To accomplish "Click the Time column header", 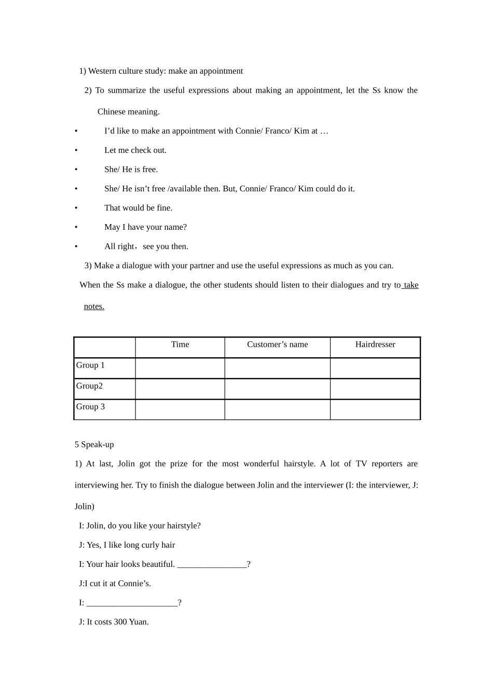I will click(x=180, y=344).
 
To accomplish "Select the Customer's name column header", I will click(x=277, y=344).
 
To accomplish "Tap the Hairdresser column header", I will click(x=375, y=344).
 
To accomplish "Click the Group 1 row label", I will click(x=91, y=365).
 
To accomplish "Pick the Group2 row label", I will click(x=90, y=386).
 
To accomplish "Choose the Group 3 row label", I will click(x=91, y=407).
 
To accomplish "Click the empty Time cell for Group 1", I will click(x=180, y=368).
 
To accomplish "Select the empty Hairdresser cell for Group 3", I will click(x=375, y=409).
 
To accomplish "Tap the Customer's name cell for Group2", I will click(x=277, y=389).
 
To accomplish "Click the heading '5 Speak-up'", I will click(x=94, y=444).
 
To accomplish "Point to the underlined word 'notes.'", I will click(x=94, y=306).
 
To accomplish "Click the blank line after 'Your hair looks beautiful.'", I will click(x=212, y=565).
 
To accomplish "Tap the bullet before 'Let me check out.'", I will click(x=76, y=150).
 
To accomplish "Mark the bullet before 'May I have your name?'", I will click(x=76, y=227).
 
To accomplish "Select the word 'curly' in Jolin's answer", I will click(x=150, y=545).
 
